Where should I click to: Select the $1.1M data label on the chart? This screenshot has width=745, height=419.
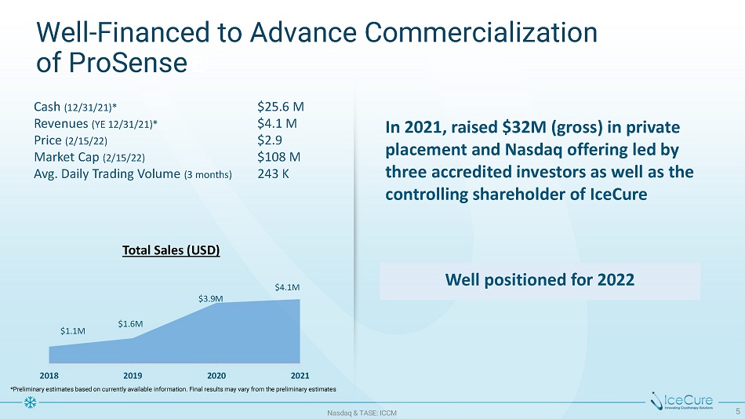coord(73,330)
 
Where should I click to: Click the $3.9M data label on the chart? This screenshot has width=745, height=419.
coord(211,298)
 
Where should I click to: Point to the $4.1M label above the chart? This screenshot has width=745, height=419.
coord(286,288)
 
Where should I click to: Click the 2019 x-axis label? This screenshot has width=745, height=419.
coord(133,374)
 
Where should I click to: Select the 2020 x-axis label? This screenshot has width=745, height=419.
coord(216,374)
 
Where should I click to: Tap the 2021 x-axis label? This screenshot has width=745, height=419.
coord(299,374)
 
